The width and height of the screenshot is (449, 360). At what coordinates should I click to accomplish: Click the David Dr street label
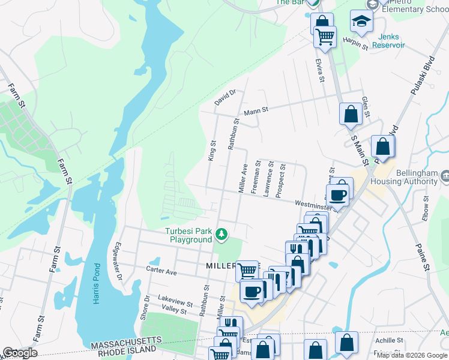point(226,98)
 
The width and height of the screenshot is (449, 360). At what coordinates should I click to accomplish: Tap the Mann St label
point(255,111)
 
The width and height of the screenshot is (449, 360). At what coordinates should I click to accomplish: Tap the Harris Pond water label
point(96,283)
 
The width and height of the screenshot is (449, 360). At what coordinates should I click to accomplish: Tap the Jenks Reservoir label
point(388,41)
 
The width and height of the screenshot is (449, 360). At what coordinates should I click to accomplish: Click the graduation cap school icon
point(361,22)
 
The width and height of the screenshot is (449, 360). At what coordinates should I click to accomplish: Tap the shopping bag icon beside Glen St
point(351,113)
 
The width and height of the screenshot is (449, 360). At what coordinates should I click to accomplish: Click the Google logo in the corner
point(19,353)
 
